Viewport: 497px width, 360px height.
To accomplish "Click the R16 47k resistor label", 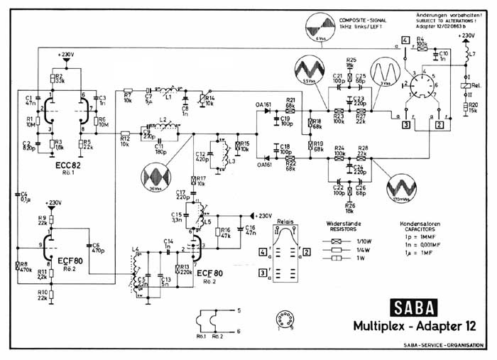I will point(226,232).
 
